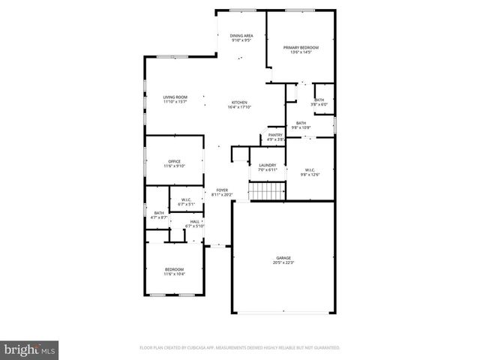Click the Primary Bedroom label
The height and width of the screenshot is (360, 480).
[301, 47]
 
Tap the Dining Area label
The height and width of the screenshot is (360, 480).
[241, 35]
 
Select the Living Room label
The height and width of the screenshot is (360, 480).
[175, 97]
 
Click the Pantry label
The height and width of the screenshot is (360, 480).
[275, 135]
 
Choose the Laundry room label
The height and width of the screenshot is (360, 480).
[268, 165]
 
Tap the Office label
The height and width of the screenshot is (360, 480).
[174, 161]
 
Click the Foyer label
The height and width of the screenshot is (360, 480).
[222, 190]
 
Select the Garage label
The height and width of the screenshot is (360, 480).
[283, 258]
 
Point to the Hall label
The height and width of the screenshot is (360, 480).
[195, 221]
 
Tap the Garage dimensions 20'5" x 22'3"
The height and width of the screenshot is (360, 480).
[283, 262]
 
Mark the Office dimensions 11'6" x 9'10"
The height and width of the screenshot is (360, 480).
[174, 166]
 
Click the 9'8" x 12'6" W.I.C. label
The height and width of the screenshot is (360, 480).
[310, 172]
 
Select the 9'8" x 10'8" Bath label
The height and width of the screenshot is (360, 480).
[301, 125]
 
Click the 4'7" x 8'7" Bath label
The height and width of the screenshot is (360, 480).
[159, 215]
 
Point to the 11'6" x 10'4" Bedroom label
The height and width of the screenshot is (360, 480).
[174, 271]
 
